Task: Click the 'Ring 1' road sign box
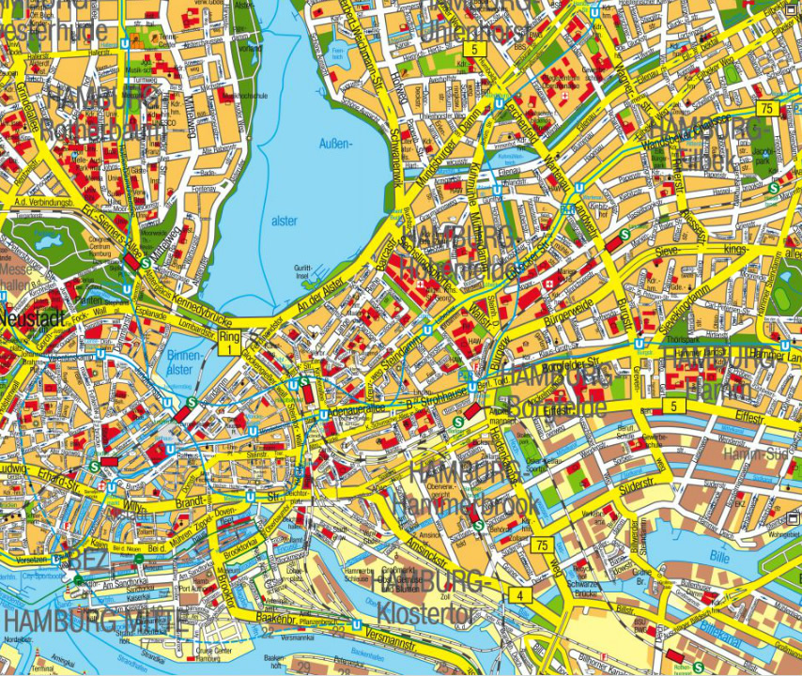click(230, 342)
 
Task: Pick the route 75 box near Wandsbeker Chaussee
click(768, 108)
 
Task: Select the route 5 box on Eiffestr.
click(672, 406)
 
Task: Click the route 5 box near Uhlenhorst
click(475, 49)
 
